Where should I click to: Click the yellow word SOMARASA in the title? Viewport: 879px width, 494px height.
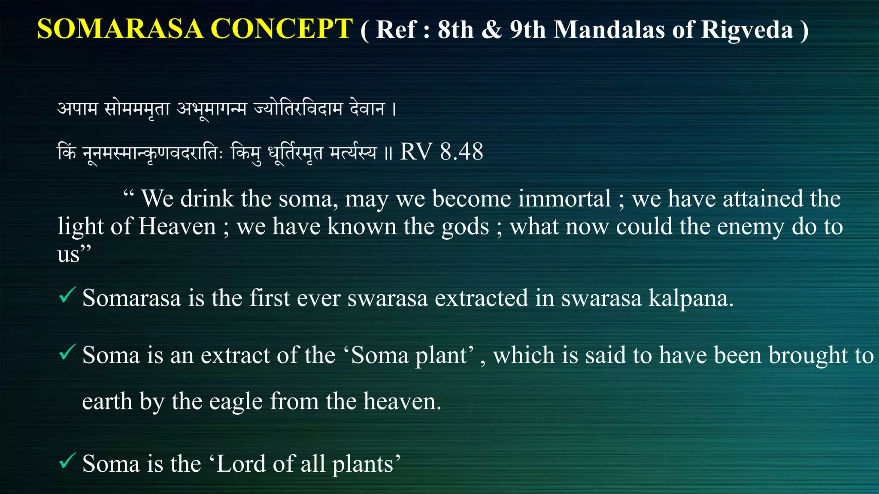pyautogui.click(x=120, y=29)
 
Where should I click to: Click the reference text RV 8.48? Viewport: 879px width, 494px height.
pyautogui.click(x=441, y=152)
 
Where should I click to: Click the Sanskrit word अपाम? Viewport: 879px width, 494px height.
pyautogui.click(x=78, y=109)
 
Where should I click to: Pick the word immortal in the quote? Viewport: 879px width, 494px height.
pyautogui.click(x=564, y=199)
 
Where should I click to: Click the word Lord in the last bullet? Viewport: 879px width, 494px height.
pyautogui.click(x=242, y=464)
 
